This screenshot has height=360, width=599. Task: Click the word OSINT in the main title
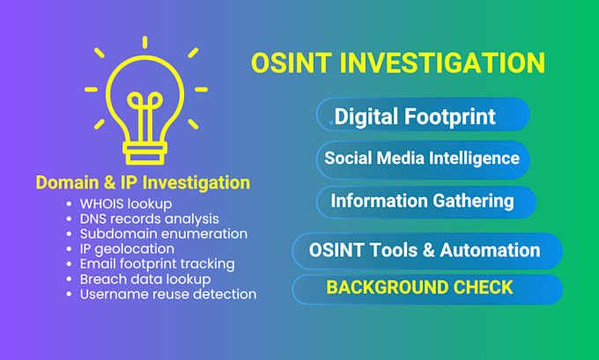pyautogui.click(x=292, y=63)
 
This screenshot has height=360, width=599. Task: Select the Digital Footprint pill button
pyautogui.click(x=423, y=114)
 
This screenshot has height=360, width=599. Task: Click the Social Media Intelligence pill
pyautogui.click(x=423, y=159)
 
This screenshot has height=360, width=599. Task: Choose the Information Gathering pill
pyautogui.click(x=426, y=202)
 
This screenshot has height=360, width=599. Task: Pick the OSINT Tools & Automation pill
pyautogui.click(x=427, y=251)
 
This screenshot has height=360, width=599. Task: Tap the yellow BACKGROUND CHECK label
pyautogui.click(x=419, y=288)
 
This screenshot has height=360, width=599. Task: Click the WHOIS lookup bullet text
pyautogui.click(x=126, y=204)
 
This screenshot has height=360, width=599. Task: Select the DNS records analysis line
pyautogui.click(x=150, y=219)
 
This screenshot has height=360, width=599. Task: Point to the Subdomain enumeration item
pyautogui.click(x=164, y=233)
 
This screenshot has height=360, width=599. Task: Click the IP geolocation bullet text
pyautogui.click(x=127, y=249)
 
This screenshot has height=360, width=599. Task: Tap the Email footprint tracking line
pyautogui.click(x=157, y=264)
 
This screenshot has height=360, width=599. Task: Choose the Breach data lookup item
pyautogui.click(x=145, y=279)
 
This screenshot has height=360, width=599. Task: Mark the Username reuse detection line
pyautogui.click(x=168, y=294)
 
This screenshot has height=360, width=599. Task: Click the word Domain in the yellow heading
pyautogui.click(x=67, y=182)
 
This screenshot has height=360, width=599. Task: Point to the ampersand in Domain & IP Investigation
pyautogui.click(x=109, y=182)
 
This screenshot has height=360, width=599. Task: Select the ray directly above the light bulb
pyautogui.click(x=144, y=42)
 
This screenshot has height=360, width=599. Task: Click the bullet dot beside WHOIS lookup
pyautogui.click(x=69, y=204)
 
